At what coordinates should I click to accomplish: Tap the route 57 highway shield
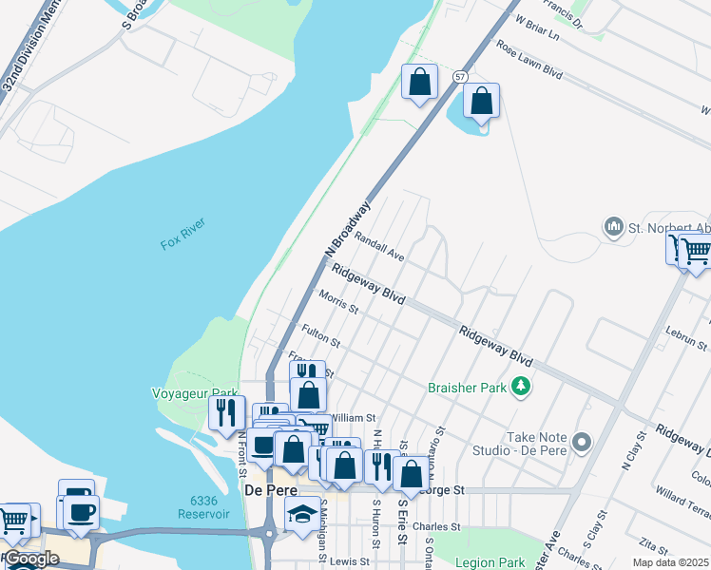460,76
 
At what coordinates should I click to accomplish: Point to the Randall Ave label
380,248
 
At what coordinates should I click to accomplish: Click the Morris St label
338,301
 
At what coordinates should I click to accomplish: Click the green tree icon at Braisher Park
520,386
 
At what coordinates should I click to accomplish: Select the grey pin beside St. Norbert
614,227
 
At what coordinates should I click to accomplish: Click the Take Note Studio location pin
583,443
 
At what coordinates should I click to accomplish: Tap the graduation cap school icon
302,515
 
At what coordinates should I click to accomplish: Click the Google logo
30,559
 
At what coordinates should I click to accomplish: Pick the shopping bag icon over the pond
481,101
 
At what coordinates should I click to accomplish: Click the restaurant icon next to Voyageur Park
226,412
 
